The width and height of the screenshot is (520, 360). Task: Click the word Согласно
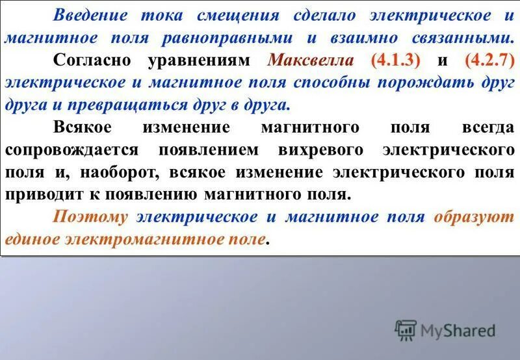pos(96,60)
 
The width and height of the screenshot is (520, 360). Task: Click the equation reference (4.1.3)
pos(396,60)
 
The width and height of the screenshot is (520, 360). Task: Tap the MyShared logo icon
pos(406,331)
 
